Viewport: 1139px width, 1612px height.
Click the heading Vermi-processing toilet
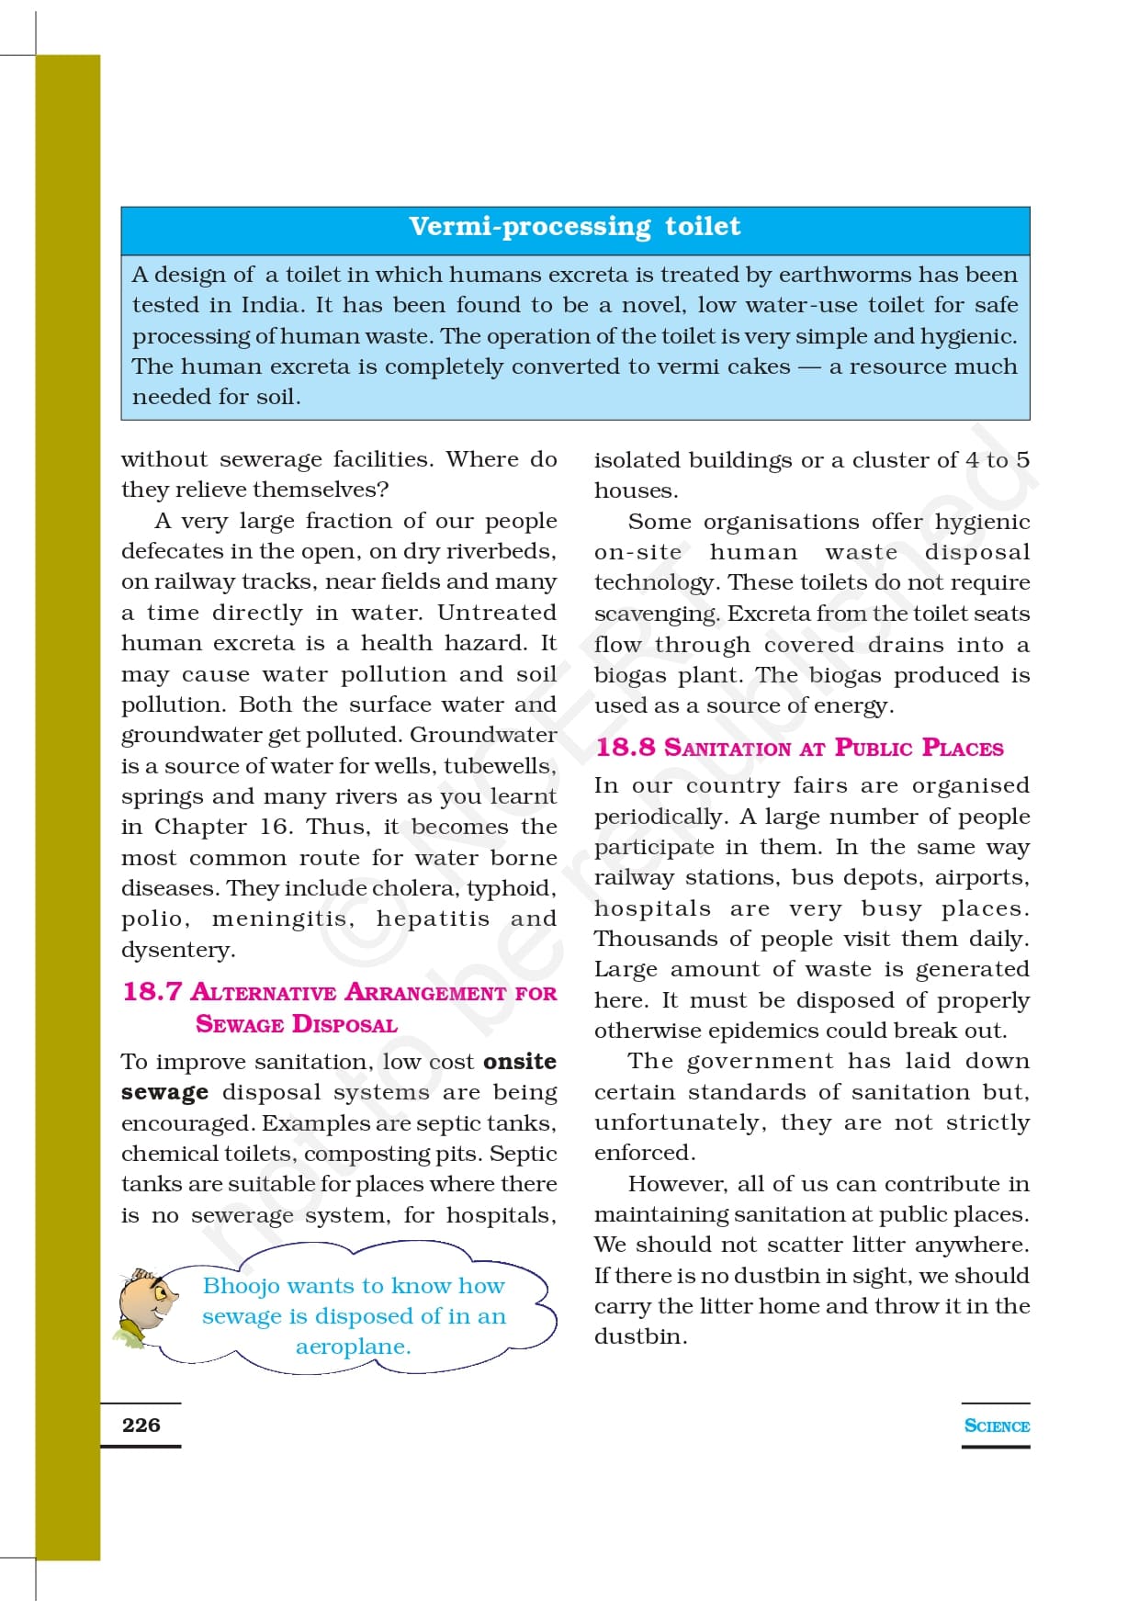click(574, 227)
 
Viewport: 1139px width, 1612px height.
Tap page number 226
click(141, 1425)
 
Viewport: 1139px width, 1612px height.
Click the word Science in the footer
click(997, 1426)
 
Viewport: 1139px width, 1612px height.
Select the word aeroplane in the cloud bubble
click(353, 1347)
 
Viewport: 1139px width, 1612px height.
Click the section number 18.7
click(152, 992)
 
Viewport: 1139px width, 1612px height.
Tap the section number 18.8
click(626, 748)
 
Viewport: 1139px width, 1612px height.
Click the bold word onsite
click(520, 1062)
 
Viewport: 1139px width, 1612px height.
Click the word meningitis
click(281, 919)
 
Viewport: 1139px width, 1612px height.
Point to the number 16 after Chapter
click(274, 827)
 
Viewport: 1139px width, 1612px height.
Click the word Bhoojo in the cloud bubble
click(241, 1286)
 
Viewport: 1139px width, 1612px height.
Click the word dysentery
click(177, 950)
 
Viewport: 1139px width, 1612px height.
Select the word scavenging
click(656, 614)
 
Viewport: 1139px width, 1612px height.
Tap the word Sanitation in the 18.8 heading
click(727, 749)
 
